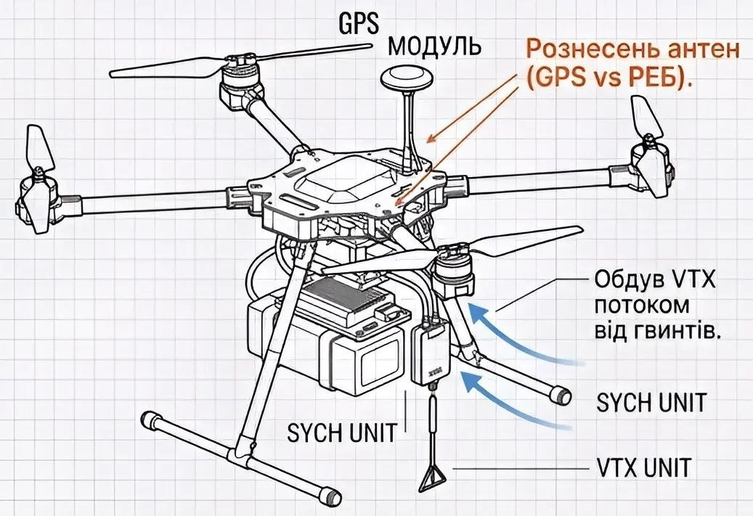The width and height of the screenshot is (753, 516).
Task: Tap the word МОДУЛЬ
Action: point(434,47)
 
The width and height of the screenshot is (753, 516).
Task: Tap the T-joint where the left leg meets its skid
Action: point(243,449)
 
